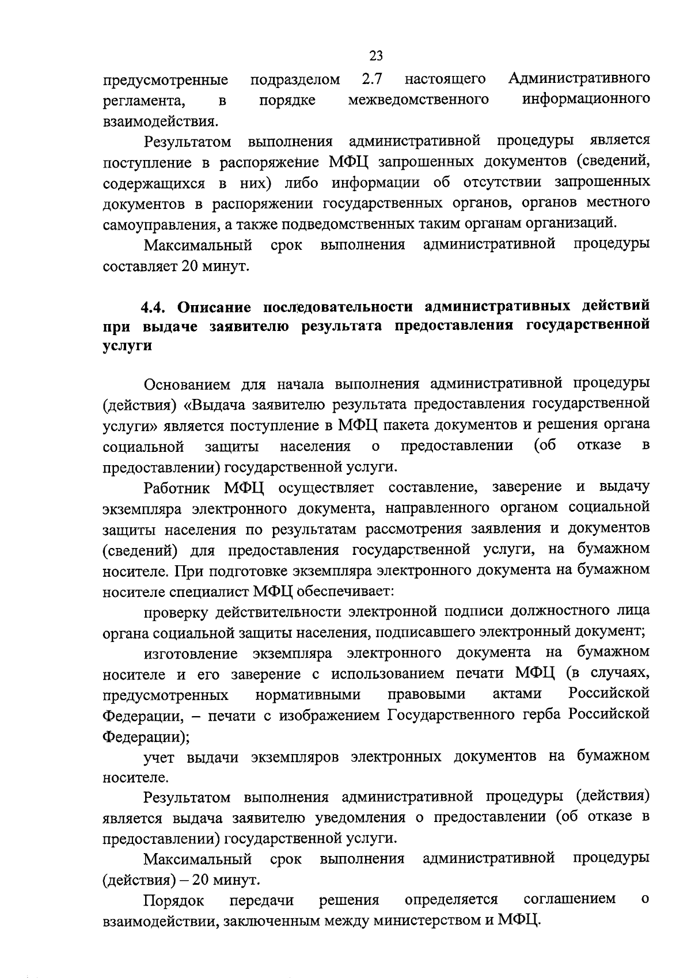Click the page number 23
[375, 56]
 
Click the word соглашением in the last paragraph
[569, 899]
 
